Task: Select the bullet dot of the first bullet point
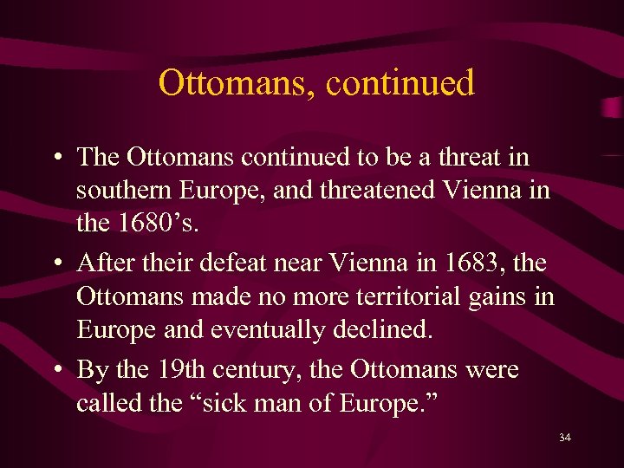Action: coord(55,159)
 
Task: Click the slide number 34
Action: coord(565,439)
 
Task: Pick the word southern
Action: coord(127,192)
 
